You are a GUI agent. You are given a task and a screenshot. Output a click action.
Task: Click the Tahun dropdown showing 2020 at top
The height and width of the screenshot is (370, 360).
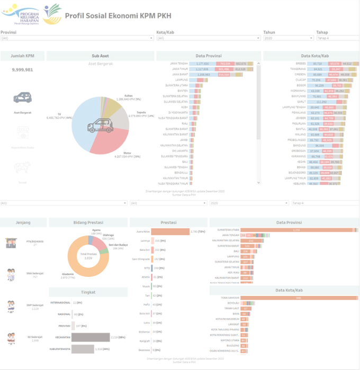pyautogui.click(x=287, y=39)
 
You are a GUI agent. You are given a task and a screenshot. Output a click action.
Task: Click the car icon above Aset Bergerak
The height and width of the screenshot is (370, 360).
pyautogui.click(x=22, y=98)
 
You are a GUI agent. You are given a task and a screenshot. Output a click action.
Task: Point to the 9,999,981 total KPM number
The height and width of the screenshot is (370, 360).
pyautogui.click(x=22, y=70)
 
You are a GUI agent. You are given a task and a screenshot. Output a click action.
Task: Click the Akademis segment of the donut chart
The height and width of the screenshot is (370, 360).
pyautogui.click(x=74, y=262)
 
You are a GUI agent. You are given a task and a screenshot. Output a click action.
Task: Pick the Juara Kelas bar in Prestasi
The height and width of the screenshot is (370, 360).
pyautogui.click(x=170, y=232)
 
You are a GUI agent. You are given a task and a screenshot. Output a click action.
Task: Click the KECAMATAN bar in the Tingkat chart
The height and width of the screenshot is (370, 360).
pyautogui.click(x=91, y=337)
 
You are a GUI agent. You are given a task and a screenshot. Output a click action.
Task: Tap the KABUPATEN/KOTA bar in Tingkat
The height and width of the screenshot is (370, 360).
pyautogui.click(x=83, y=349)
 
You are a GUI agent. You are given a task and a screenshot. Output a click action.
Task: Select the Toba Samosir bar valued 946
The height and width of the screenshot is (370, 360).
pyautogui.click(x=300, y=298)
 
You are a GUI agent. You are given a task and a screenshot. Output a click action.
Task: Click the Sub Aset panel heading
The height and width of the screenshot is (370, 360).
pyautogui.click(x=100, y=56)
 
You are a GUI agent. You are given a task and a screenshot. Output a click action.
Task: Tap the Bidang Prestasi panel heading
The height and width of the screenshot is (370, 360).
pyautogui.click(x=88, y=222)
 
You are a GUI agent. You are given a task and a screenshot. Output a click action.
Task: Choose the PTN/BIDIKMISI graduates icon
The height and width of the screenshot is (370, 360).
pyautogui.click(x=11, y=243)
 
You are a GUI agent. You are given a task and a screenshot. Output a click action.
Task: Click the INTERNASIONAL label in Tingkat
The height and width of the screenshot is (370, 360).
pyautogui.click(x=60, y=303)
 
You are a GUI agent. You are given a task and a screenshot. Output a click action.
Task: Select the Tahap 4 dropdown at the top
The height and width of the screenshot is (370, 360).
pyautogui.click(x=336, y=39)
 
